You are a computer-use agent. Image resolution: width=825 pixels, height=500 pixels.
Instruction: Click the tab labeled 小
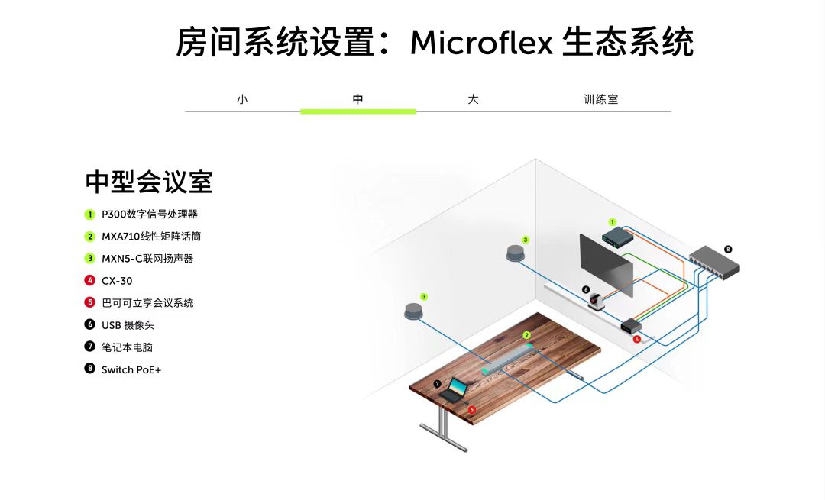point(242,99)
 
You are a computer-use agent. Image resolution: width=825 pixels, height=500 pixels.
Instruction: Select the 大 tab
point(473,99)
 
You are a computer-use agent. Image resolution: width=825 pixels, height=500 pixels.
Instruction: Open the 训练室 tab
point(600,99)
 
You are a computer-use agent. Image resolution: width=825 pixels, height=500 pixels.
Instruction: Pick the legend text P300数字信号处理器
point(149,215)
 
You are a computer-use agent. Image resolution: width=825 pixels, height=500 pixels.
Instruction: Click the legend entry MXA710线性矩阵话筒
point(151,237)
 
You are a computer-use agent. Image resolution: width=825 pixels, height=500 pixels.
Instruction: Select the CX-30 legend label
point(117,281)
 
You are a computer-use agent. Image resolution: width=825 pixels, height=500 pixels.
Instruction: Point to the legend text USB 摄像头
point(132,325)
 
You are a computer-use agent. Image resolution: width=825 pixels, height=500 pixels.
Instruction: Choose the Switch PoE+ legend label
point(131,369)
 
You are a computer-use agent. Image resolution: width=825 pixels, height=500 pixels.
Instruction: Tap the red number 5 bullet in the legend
point(89,303)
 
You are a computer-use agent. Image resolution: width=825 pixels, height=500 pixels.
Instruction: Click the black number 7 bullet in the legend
point(89,347)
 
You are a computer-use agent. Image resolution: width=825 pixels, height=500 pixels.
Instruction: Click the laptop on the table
point(455,390)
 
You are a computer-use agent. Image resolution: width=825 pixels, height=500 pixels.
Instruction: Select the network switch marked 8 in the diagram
point(713,263)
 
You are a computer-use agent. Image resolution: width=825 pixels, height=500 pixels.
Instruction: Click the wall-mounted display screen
point(607,265)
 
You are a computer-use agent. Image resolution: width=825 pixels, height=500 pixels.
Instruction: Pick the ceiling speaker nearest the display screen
point(516,253)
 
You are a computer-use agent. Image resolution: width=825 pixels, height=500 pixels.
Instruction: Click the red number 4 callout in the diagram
point(636,339)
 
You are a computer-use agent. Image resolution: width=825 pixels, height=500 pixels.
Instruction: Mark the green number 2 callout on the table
point(526,335)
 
